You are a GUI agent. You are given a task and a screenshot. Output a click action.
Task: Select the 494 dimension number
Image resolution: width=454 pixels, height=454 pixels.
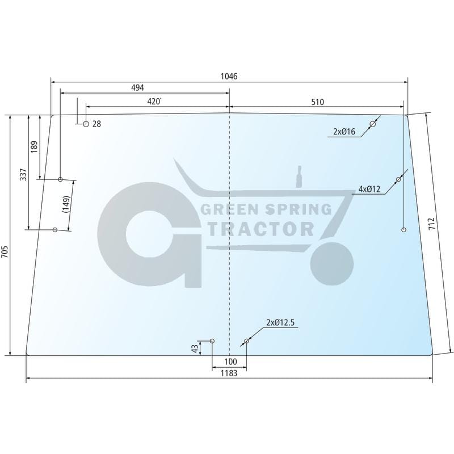coord(138,87)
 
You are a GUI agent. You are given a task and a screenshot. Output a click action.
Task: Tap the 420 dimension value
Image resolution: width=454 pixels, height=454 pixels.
coord(154,102)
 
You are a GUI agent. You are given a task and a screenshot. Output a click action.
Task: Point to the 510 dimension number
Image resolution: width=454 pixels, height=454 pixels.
coord(317,102)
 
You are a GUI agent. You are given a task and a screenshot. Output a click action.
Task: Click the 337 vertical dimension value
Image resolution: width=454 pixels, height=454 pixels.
coord(23,174)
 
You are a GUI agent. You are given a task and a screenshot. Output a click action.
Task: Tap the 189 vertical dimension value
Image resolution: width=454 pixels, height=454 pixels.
coord(35,146)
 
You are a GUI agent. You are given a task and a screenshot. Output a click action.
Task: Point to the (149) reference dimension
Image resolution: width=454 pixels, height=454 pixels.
coord(66,204)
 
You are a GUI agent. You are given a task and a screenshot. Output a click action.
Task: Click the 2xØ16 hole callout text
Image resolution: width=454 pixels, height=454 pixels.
coord(344,132)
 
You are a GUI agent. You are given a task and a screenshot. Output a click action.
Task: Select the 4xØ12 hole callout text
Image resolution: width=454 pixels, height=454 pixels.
coord(369,190)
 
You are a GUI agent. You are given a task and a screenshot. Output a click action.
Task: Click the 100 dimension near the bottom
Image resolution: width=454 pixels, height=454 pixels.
coord(230,361)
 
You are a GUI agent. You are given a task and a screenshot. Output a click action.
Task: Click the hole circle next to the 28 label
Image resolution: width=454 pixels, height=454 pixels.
coord(86,124)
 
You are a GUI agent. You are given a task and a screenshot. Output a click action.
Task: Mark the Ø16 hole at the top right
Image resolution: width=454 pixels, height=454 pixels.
coord(373,124)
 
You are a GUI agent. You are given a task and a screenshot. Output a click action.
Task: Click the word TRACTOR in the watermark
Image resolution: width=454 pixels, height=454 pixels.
coord(262,228)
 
